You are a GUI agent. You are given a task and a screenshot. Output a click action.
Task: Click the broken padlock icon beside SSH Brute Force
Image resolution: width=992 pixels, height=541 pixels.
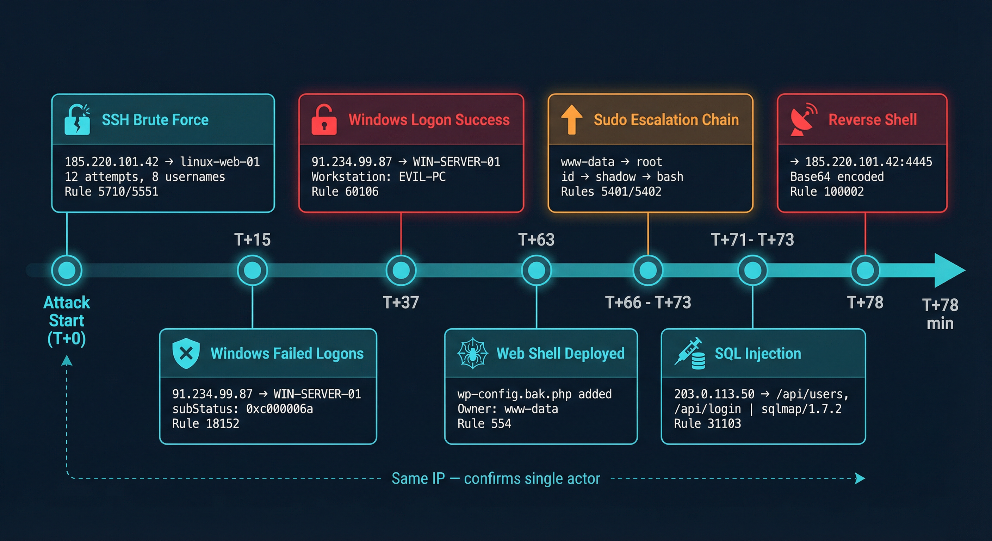click(77, 120)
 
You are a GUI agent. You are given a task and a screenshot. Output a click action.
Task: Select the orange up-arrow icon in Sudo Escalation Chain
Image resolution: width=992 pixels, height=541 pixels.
click(571, 119)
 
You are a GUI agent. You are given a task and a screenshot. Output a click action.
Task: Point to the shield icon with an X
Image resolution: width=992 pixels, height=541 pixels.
click(186, 353)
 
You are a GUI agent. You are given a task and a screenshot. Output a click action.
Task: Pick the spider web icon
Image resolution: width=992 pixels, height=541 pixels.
click(472, 353)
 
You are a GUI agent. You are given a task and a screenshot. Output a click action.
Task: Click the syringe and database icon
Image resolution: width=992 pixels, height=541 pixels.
click(690, 354)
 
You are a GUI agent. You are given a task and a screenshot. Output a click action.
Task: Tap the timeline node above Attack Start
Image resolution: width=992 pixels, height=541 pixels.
click(67, 270)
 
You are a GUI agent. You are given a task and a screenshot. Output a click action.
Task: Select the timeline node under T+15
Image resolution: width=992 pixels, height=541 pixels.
click(252, 270)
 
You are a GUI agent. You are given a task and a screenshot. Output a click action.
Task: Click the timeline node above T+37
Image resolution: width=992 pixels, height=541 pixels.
click(401, 270)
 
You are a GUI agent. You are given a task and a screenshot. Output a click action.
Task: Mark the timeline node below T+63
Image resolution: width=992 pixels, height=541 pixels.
click(536, 270)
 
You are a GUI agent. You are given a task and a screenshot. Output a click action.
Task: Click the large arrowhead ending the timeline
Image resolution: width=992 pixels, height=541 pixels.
click(949, 270)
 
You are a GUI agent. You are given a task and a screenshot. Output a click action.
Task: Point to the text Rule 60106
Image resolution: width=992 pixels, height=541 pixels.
click(345, 192)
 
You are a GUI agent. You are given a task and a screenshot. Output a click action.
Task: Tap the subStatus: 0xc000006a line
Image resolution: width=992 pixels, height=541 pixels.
click(242, 409)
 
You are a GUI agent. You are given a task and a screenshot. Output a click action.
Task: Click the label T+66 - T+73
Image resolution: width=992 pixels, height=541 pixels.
click(648, 303)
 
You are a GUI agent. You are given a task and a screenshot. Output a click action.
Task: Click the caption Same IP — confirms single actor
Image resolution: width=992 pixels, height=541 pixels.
click(496, 479)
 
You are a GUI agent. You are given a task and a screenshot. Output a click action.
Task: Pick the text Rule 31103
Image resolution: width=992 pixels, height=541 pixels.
click(707, 424)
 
